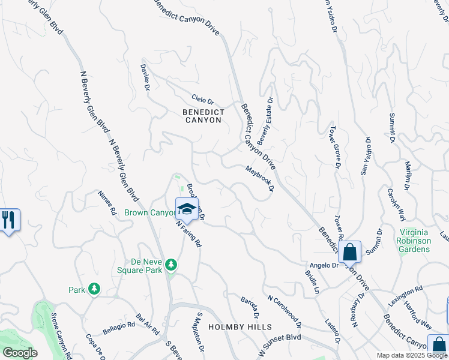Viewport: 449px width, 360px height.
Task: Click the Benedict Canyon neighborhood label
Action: coord(203,116)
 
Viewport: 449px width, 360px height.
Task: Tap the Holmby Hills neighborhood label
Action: coord(240,327)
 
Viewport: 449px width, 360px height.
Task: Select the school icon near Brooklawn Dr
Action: coord(187,209)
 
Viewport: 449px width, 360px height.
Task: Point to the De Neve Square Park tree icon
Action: coord(171,265)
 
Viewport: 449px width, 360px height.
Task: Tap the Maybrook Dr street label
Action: coord(260,178)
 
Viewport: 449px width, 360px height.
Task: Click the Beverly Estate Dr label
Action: coord(265,121)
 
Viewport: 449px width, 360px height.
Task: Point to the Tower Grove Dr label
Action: coord(334,146)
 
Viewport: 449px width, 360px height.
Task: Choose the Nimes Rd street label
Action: coord(106,203)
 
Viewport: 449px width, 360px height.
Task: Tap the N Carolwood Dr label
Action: coord(285,307)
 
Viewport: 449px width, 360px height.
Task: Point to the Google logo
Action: coord(19,353)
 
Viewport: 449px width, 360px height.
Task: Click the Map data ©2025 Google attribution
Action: coord(412,355)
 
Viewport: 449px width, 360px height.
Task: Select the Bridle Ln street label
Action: coord(311,282)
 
